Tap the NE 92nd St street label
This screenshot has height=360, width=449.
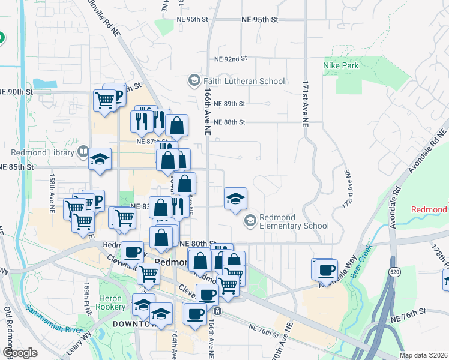(231, 59)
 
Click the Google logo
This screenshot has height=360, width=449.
(20, 353)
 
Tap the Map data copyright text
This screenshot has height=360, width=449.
(423, 355)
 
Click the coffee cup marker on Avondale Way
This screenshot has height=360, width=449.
(327, 269)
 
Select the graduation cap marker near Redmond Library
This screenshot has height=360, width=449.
(100, 160)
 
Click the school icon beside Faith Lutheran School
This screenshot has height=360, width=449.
(194, 80)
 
